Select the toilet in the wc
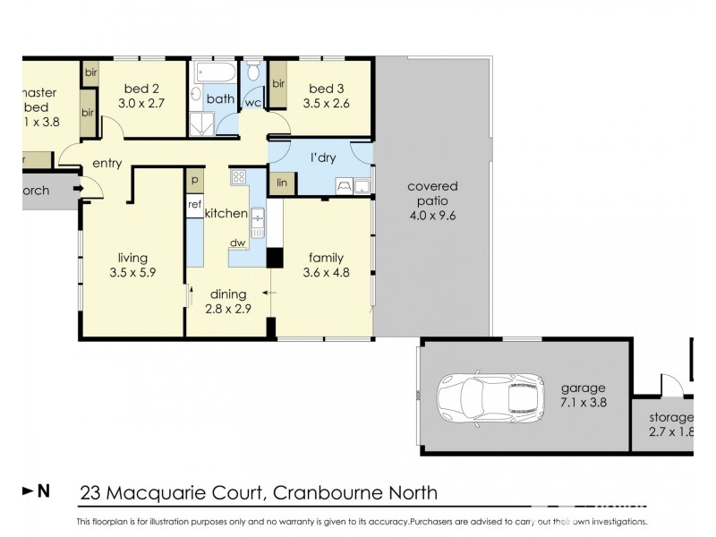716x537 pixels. tap(253, 72)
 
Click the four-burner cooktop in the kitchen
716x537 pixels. tap(239, 177)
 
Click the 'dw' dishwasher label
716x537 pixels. tap(238, 243)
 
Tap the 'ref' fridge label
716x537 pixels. tap(194, 204)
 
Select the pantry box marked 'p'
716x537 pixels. tap(194, 180)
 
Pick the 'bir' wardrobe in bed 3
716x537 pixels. tap(278, 84)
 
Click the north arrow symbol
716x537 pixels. tap(35, 490)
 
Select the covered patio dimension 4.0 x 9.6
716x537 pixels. tap(432, 215)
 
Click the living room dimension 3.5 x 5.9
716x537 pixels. tap(133, 274)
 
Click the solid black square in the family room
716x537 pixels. tap(276, 259)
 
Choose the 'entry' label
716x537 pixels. tap(107, 164)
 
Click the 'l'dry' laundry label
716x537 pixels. tap(322, 158)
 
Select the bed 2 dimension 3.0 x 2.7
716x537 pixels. tap(141, 103)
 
